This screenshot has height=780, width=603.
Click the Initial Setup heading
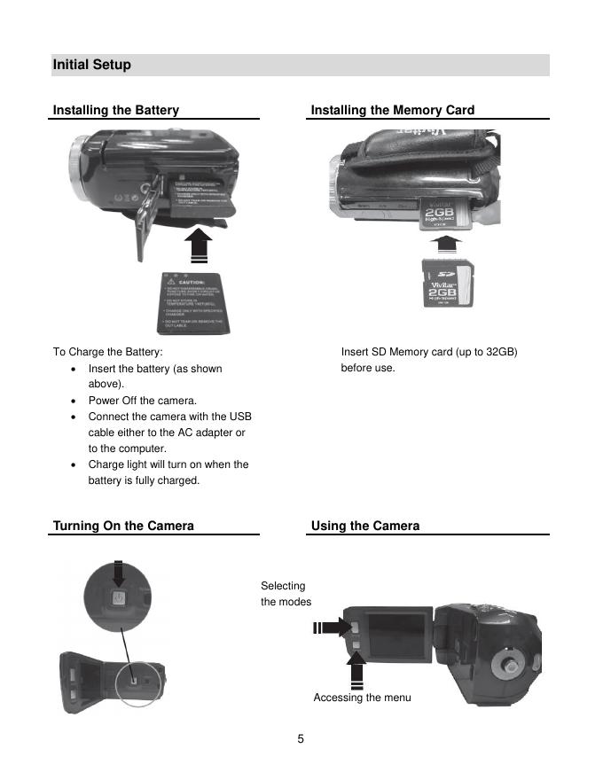[x=92, y=65]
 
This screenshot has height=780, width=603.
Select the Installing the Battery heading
[x=116, y=110]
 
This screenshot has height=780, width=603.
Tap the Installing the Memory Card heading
[x=393, y=110]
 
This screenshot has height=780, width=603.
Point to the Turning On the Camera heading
[x=123, y=526]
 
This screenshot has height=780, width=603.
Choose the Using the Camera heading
[x=365, y=526]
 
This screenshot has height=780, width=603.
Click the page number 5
[x=301, y=738]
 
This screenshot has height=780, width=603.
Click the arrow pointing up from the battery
[x=202, y=244]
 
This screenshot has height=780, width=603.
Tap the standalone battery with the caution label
[x=196, y=301]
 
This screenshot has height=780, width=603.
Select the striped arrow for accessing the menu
[x=356, y=669]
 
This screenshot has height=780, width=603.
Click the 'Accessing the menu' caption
[x=362, y=698]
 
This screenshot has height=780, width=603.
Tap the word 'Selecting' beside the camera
[x=283, y=586]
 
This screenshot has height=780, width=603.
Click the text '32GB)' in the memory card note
[x=502, y=352]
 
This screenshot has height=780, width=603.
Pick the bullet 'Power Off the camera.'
[x=142, y=401]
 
